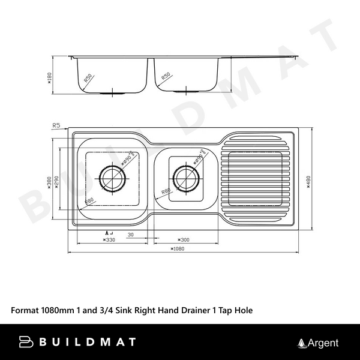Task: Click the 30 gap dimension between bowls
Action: [131, 235]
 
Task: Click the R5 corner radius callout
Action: [57, 125]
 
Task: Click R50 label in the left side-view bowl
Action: [88, 79]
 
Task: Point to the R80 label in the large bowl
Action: [90, 200]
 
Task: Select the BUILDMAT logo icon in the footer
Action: [26, 343]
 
